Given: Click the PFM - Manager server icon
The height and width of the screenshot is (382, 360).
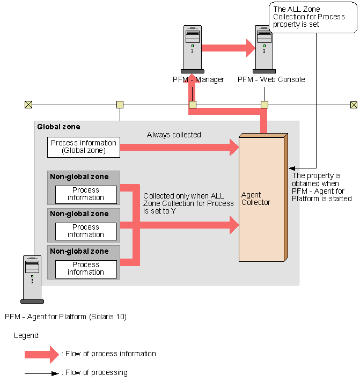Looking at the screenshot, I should click(x=192, y=48).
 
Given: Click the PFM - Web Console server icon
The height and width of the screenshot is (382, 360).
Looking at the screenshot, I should click(x=265, y=48).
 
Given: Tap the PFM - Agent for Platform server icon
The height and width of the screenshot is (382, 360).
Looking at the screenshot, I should click(x=32, y=280).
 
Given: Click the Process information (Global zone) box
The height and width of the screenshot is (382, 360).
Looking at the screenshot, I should click(x=83, y=147).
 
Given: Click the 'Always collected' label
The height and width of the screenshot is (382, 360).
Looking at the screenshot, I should click(x=174, y=135).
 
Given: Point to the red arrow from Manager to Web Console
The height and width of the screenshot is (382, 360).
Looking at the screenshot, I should click(x=228, y=47).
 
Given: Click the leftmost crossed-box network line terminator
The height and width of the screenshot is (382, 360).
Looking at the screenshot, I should click(x=28, y=105).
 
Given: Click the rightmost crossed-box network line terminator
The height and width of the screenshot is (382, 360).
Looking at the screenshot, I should click(x=354, y=105).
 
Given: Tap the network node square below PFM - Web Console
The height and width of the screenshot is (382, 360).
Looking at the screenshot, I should click(x=264, y=105).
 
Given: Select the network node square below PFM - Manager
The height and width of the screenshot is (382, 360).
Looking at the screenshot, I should click(x=192, y=105).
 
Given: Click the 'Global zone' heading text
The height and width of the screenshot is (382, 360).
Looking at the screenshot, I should click(x=58, y=127).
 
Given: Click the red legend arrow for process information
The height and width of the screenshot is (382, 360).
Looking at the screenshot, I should click(x=41, y=354).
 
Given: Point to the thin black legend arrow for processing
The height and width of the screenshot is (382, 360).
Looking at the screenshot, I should click(x=41, y=372).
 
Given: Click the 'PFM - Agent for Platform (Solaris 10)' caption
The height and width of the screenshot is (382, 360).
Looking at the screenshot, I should click(x=65, y=317).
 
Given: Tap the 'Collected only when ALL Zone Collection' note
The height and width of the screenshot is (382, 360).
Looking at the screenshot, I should click(x=188, y=203).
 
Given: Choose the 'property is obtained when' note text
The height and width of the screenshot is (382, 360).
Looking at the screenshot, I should click(x=321, y=187).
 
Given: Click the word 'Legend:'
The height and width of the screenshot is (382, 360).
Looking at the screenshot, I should click(x=27, y=335).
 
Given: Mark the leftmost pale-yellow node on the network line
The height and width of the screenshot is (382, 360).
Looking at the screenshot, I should click(x=120, y=105).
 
